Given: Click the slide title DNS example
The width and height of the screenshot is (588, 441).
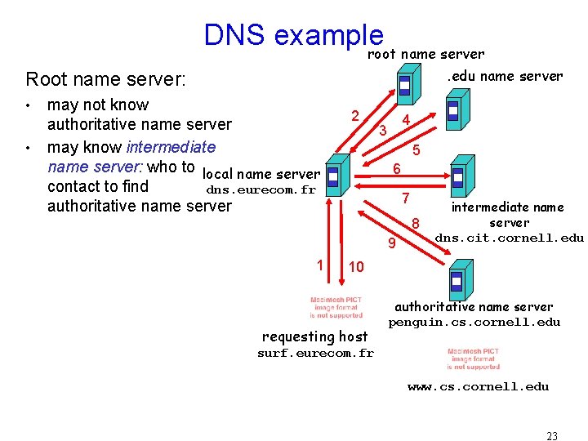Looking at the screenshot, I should (293, 35).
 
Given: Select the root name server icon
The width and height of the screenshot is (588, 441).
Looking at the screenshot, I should (404, 83).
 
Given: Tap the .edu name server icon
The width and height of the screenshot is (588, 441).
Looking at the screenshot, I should (453, 109).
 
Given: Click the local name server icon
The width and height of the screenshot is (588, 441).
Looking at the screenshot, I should (332, 175).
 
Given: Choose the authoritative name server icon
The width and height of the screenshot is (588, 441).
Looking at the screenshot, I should (456, 280).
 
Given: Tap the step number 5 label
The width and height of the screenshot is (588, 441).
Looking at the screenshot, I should (416, 150).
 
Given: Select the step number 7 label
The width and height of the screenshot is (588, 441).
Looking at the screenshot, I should (404, 198).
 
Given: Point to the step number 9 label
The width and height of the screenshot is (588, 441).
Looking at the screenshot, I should (391, 243).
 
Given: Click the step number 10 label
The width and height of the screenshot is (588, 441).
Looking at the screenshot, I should (357, 267).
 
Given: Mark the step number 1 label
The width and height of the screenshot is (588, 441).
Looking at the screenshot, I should (320, 264).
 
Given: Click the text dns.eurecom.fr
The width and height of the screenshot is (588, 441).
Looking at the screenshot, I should (261, 190).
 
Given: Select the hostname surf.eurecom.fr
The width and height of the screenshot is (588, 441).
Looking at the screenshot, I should (315, 354).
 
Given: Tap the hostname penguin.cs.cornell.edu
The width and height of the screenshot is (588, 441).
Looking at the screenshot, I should (474, 322).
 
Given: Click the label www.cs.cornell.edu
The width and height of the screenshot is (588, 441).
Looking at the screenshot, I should (478, 386).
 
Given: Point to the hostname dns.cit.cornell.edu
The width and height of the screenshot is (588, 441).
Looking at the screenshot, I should (509, 238).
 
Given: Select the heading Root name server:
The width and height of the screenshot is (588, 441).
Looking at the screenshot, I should (106, 79).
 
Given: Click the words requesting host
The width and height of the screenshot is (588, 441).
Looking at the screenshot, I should (314, 336).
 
